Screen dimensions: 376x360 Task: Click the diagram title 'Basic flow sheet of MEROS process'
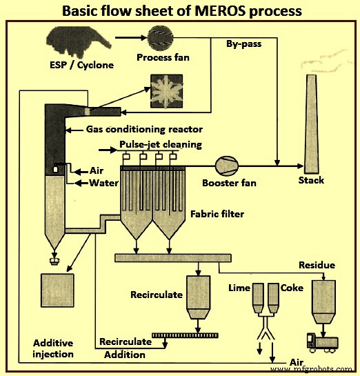click(180, 11)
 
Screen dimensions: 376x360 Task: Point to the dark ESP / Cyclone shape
click(76, 41)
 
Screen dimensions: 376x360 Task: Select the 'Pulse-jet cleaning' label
click(160, 144)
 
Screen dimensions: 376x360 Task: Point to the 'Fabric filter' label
click(212, 214)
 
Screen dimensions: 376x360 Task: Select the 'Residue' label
click(317, 265)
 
